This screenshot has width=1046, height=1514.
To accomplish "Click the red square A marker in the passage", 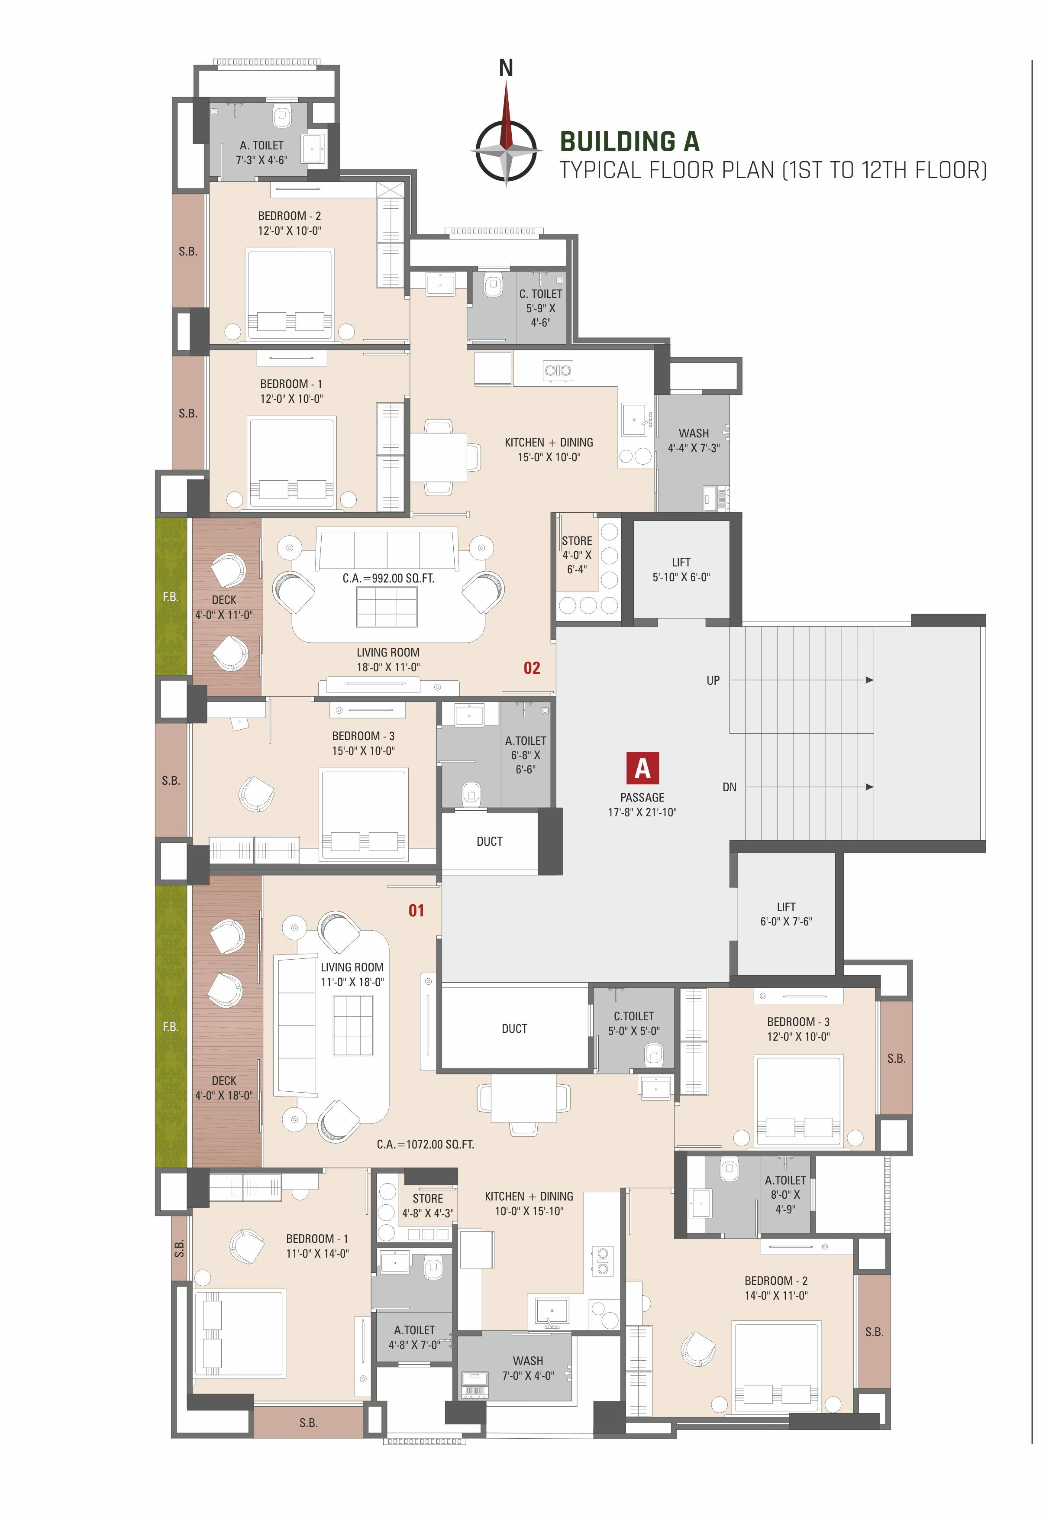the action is tap(642, 768).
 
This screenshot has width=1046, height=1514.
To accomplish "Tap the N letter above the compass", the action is tap(506, 68).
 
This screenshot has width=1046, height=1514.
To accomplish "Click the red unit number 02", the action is tap(532, 668).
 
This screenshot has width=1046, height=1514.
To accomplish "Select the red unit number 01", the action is tap(416, 910).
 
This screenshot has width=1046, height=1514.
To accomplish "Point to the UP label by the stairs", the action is tap(713, 680).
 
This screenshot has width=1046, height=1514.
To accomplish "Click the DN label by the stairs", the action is tap(730, 787).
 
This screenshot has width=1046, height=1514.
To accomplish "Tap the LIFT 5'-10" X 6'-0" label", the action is tap(681, 569).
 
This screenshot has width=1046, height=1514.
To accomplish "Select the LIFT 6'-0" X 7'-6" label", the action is tap(786, 914).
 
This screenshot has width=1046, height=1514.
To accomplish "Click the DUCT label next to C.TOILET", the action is tap(514, 1029).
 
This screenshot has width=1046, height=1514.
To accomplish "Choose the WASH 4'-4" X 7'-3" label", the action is tap(694, 440).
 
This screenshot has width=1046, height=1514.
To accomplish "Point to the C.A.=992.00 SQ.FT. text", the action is tap(388, 578).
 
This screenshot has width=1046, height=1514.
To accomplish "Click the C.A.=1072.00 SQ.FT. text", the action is tap(425, 1144).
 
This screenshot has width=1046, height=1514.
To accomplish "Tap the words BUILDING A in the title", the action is tap(629, 142).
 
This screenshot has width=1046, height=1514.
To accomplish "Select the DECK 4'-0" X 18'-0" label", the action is tap(223, 1088).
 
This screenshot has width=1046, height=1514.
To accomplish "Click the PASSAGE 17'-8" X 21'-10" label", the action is tap(642, 805).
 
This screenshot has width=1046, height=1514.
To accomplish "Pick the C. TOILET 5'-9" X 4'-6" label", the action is tap(541, 308).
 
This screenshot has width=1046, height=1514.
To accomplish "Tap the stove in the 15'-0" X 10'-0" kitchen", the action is tap(558, 370).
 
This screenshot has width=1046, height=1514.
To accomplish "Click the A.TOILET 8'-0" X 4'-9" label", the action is tap(785, 1194).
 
